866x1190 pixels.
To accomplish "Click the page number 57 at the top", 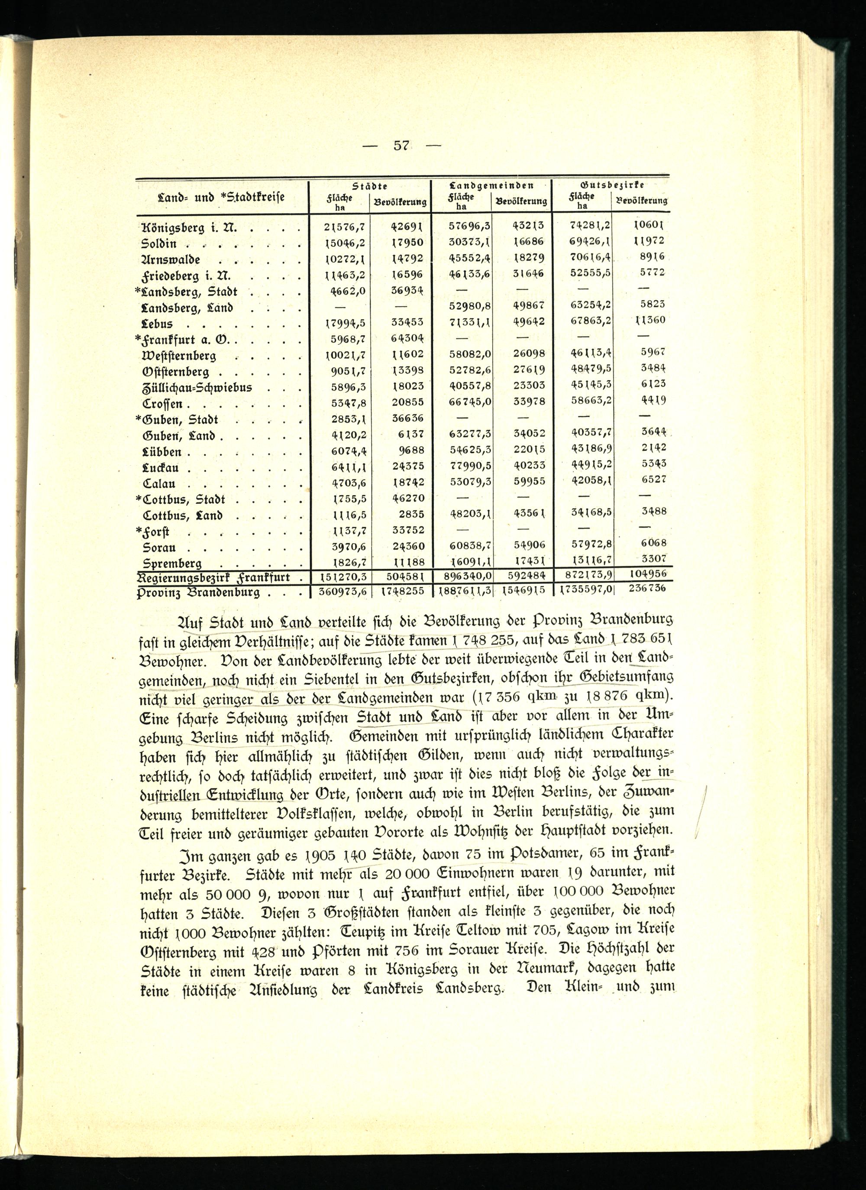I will [401, 146].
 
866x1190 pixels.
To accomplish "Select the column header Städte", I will [370, 186].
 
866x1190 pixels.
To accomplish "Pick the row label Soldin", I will [159, 244].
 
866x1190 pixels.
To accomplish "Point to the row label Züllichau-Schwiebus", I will [197, 388].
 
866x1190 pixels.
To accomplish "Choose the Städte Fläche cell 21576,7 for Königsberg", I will [345, 227].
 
